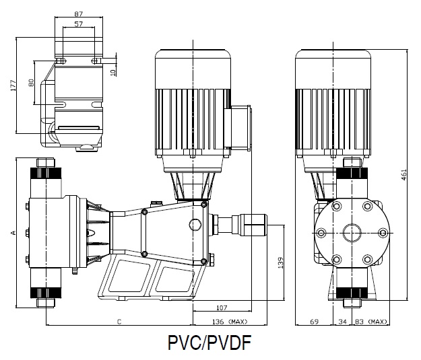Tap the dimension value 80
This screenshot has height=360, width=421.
(x=30, y=83)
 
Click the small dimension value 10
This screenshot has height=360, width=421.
(x=113, y=67)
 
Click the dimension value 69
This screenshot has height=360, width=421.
(x=313, y=322)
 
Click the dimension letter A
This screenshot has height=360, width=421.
(x=13, y=233)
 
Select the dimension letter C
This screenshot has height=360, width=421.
(x=119, y=322)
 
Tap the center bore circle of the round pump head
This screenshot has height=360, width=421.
(x=352, y=233)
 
